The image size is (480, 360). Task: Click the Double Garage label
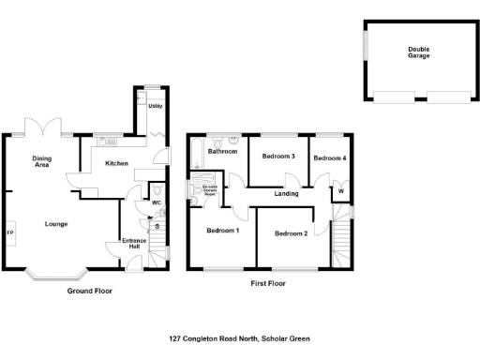[418, 52]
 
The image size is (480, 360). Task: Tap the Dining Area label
[41, 161]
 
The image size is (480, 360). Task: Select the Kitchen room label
[116, 163]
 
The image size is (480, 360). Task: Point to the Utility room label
[156, 106]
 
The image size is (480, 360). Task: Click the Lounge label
[55, 224]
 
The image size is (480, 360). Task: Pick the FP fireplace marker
[10, 232]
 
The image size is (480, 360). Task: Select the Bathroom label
[222, 151]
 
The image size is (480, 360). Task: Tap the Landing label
[286, 194]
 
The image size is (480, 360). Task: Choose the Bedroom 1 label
[223, 231]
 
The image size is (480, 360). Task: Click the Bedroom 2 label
[292, 233]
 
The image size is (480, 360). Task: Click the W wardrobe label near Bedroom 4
[340, 192]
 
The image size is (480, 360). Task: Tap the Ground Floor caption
[89, 292]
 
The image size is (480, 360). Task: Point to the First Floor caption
[268, 282]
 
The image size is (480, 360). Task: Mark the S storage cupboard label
[157, 226]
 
